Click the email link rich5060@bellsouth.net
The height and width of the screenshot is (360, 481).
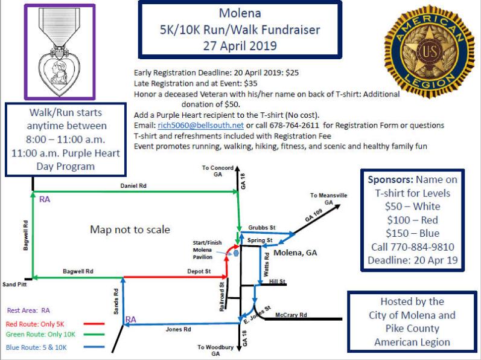(200, 126)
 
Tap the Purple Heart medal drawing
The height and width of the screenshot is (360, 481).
(60, 51)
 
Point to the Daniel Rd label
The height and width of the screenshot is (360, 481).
(133, 186)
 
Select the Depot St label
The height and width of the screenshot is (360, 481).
(199, 271)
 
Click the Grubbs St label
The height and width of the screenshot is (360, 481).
(262, 228)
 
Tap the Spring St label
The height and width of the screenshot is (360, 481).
(260, 240)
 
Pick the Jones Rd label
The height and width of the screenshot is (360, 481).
(178, 329)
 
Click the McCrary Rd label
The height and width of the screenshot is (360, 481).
(291, 315)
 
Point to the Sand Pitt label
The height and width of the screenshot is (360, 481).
(14, 284)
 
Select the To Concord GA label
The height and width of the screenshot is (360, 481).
(217, 171)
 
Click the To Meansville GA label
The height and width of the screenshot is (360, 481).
(328, 199)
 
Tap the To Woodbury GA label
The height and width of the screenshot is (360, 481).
(215, 350)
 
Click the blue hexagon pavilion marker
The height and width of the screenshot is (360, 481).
(236, 253)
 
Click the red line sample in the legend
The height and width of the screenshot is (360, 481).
(94, 324)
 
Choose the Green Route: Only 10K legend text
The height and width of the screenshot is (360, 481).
(40, 335)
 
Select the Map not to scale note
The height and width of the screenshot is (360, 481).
(130, 230)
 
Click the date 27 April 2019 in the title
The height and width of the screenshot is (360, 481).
(240, 46)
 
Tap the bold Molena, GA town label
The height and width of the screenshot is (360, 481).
(295, 253)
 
